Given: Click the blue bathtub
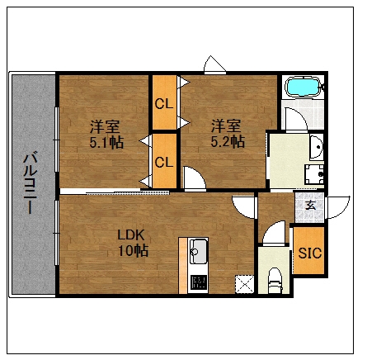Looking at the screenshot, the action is tap(303, 86).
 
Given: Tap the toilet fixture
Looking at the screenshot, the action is tap(275, 280).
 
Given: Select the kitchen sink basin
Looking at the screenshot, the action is tap(198, 251).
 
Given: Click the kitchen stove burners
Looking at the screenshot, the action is tap(199, 282).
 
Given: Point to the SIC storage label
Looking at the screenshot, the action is tap(310, 253).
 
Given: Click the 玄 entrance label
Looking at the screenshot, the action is tap(311, 205).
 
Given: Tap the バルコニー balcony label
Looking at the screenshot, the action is tap(30, 182).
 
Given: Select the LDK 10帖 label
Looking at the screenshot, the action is tap(133, 243).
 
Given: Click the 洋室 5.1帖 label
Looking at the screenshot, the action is tap(106, 134).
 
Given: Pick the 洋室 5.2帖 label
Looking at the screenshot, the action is tap(227, 134).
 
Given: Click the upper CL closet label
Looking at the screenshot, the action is tap(164, 104).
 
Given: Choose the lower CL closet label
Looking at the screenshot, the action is tap(164, 162).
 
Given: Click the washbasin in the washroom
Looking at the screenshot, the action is tap(317, 147).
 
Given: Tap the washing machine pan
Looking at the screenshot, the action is tap(314, 174).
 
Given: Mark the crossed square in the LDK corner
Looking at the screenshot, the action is tap(244, 284).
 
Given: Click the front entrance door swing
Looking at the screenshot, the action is tap(338, 207).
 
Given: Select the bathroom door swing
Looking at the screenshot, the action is tap(296, 120).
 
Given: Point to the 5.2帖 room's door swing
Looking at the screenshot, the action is tap(195, 178).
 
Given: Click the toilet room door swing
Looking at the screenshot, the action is tap(274, 233).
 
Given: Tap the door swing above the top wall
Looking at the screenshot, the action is tap(214, 64).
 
